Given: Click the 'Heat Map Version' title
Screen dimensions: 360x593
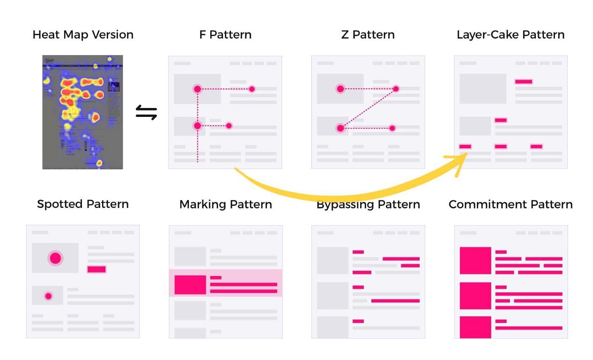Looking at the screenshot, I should click(83, 35).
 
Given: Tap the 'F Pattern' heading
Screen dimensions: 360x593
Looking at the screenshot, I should click(225, 35).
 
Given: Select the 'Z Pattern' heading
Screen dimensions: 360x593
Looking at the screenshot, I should click(368, 35).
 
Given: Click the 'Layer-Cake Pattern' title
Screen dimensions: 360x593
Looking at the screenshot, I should click(510, 35).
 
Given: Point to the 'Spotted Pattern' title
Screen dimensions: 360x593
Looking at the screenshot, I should click(83, 204).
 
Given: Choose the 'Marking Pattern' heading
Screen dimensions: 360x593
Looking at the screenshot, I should click(225, 204).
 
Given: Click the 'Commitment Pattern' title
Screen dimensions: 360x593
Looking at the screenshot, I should click(510, 204).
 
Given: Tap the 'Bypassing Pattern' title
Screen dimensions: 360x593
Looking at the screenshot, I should click(368, 205).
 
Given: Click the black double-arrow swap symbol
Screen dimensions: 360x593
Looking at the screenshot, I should click(147, 113).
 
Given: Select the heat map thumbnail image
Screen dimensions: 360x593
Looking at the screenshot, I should click(83, 112).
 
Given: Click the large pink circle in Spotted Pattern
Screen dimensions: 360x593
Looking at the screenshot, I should click(55, 258).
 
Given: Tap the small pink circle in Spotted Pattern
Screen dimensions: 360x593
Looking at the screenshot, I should click(48, 296).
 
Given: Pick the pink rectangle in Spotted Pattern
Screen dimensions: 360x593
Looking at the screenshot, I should click(97, 269).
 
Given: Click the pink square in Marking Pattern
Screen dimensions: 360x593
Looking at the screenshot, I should click(190, 285).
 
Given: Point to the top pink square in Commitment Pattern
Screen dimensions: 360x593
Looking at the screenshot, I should click(475, 260).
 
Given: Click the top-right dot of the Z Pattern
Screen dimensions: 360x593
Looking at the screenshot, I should click(396, 89).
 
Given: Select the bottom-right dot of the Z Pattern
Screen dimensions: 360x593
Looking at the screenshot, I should click(392, 128).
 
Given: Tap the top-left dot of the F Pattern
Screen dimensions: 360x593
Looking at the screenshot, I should click(197, 89).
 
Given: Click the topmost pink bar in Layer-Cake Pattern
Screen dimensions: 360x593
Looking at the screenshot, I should click(524, 82).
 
